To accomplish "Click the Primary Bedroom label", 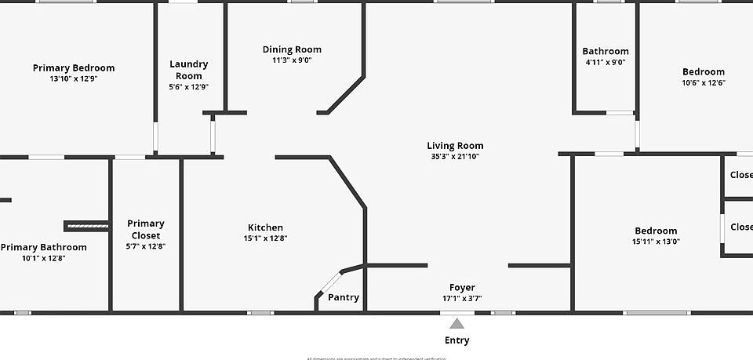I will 74,68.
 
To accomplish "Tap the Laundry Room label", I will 189,70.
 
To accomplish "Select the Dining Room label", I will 292,49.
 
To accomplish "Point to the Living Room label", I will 455,145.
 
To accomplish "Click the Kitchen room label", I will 265,227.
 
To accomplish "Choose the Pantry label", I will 344,297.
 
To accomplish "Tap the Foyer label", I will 462,287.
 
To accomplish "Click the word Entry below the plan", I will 457,340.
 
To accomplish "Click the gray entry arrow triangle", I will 457,322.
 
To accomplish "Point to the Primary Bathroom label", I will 43,247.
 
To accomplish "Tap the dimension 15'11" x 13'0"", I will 656,242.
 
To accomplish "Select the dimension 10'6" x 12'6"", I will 703,82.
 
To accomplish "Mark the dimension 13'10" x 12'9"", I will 73,78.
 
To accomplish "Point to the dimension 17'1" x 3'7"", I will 462,298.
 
